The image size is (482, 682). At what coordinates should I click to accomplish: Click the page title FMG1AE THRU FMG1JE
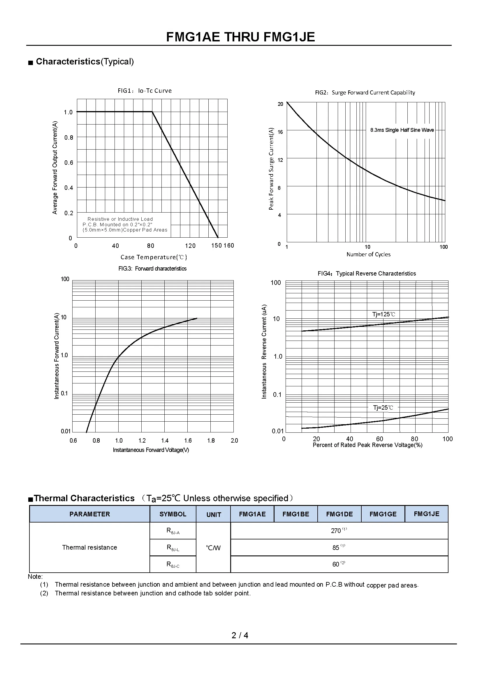(x=240, y=37)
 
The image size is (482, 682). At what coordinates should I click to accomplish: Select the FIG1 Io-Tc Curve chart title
(x=145, y=91)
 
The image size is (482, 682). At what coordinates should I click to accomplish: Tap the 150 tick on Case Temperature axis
(x=216, y=245)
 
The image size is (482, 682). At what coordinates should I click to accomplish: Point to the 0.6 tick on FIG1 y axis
(x=68, y=162)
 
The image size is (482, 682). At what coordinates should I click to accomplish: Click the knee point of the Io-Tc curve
(x=152, y=112)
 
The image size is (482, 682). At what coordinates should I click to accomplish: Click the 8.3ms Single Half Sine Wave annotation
(x=402, y=130)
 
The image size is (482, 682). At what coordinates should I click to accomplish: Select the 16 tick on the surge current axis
(x=280, y=132)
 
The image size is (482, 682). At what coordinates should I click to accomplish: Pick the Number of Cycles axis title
(x=368, y=254)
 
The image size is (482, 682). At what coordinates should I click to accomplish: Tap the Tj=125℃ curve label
(x=384, y=314)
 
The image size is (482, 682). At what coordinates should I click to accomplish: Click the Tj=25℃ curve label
(x=383, y=408)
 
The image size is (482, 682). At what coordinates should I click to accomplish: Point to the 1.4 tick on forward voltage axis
(x=165, y=441)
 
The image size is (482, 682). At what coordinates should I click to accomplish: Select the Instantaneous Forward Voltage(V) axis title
(x=151, y=450)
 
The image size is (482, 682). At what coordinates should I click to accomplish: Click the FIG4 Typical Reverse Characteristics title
(x=367, y=273)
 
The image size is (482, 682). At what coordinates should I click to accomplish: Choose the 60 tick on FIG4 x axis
(x=379, y=439)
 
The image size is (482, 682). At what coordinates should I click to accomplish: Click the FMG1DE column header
(x=339, y=514)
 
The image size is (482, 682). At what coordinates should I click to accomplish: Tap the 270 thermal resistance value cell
(x=339, y=530)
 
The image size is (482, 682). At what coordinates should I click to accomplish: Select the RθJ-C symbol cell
(x=173, y=564)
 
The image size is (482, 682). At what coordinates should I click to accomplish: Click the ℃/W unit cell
(x=213, y=548)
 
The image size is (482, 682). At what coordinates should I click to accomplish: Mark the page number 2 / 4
(x=240, y=635)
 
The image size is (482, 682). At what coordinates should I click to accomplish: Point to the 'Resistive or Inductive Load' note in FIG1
(x=120, y=219)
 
